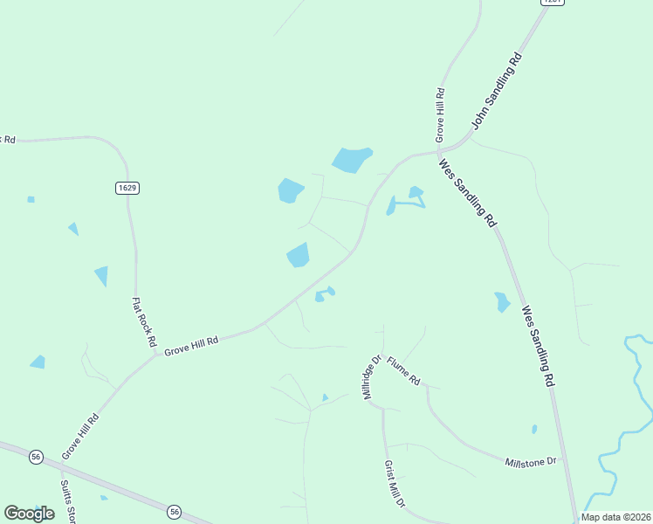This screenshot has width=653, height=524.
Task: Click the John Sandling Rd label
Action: point(497,91)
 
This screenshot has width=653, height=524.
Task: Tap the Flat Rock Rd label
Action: point(143,321)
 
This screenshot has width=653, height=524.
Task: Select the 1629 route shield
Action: point(127,188)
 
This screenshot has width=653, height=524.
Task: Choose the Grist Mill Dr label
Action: point(395,485)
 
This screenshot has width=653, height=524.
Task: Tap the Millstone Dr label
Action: point(531,460)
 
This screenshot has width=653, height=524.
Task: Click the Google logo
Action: point(29,514)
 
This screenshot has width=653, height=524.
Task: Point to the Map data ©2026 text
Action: point(615,517)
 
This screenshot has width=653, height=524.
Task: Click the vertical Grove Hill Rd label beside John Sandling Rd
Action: point(441,114)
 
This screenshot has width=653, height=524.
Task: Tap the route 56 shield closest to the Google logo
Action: point(36,457)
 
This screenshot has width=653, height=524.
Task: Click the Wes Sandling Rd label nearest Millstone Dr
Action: point(538,346)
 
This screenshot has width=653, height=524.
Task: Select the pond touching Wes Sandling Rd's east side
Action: point(502,302)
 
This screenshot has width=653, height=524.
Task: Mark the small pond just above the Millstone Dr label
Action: point(534,430)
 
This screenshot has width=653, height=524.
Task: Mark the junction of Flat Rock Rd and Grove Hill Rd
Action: point(145,353)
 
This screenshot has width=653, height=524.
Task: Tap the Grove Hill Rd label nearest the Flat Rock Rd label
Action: point(190,344)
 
